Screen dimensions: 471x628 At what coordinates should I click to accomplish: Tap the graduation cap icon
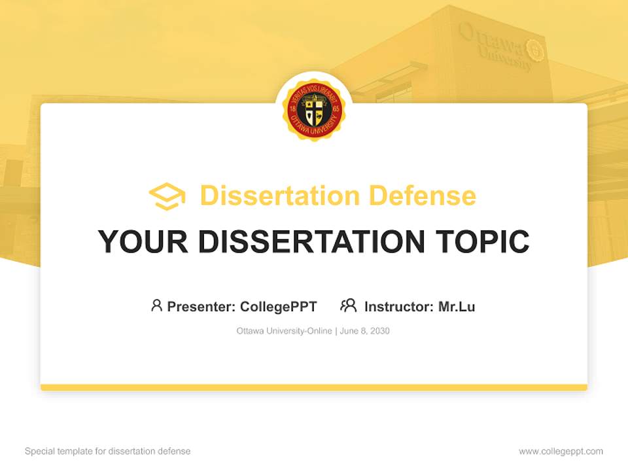[167, 196]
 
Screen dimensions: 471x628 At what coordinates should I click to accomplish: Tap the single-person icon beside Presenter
[156, 305]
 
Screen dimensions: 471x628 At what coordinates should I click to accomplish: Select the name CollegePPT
[279, 306]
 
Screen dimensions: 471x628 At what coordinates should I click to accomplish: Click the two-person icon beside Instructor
[349, 305]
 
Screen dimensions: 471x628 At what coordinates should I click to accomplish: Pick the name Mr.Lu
[457, 306]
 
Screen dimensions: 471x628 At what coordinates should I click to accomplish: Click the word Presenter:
[201, 306]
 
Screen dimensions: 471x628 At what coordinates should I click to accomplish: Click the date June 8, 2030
[365, 331]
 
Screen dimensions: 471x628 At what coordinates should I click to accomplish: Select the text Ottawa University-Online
[285, 331]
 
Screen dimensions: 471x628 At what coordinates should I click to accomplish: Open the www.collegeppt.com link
[561, 451]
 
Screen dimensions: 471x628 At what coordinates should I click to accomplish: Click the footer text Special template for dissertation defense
[107, 451]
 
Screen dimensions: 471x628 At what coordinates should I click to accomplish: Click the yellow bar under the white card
[314, 387]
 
